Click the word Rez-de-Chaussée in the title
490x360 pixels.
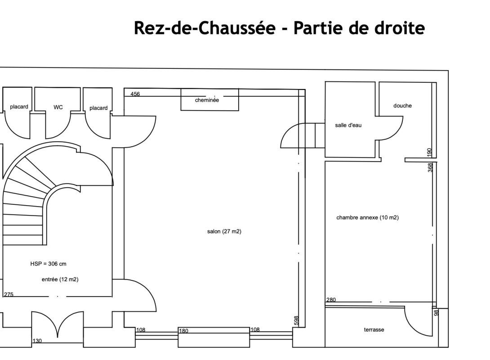pyautogui.click(x=205, y=28)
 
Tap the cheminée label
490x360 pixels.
pyautogui.click(x=207, y=100)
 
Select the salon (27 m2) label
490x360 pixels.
pyautogui.click(x=224, y=231)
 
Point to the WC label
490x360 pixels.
pyautogui.click(x=58, y=107)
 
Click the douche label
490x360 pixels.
pyautogui.click(x=402, y=106)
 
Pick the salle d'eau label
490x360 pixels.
pyautogui.click(x=348, y=125)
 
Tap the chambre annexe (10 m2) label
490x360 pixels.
pyautogui.click(x=368, y=217)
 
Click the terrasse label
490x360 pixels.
pyautogui.click(x=374, y=330)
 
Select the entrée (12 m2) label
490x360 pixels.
pyautogui.click(x=60, y=279)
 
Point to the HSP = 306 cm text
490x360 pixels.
pyautogui.click(x=48, y=264)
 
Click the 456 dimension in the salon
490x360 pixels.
pyautogui.click(x=135, y=94)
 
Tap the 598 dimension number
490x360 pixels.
pyautogui.click(x=297, y=320)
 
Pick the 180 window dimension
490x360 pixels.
pyautogui.click(x=183, y=331)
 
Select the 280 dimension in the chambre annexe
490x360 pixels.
pyautogui.click(x=331, y=300)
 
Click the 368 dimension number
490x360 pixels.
pyautogui.click(x=430, y=167)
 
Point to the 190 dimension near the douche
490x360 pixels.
pyautogui.click(x=429, y=153)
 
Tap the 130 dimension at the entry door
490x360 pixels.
pyautogui.click(x=37, y=341)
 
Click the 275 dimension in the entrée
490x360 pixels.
pyautogui.click(x=9, y=294)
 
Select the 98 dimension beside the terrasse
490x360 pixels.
pyautogui.click(x=437, y=312)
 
